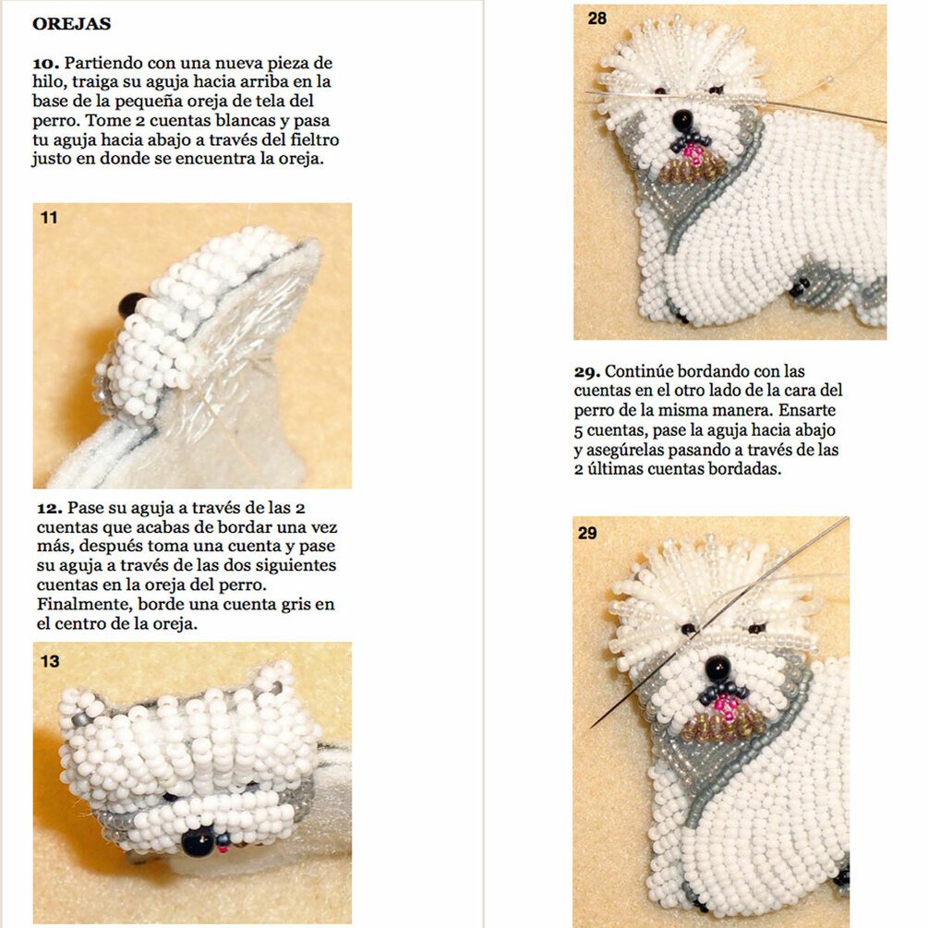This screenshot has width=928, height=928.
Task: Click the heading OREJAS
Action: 72,24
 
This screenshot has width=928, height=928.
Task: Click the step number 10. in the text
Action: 45,64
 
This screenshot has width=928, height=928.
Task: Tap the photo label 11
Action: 49,218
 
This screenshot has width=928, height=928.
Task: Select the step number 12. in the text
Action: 50,509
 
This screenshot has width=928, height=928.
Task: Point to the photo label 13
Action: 50,661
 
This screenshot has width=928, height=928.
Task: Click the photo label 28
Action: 597,18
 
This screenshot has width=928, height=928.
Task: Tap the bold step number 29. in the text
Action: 587,372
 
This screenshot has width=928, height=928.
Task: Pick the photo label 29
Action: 587,533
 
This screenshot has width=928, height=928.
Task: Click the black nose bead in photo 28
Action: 683,120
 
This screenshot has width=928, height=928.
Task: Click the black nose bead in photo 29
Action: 717,669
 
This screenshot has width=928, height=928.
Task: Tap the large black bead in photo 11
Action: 131,304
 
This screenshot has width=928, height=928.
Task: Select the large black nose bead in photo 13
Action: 198,841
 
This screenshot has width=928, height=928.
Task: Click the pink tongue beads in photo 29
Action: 727,706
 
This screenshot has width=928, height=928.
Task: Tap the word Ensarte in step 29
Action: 807,410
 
